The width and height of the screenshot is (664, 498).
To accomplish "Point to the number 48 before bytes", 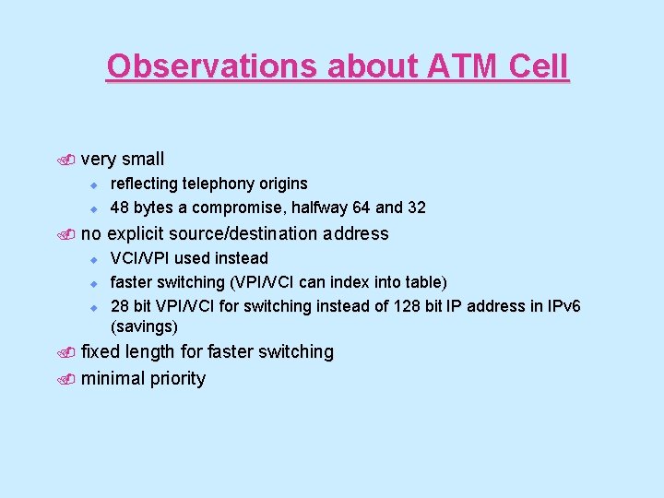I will click(119, 207).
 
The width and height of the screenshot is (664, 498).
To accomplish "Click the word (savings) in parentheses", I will click(144, 327).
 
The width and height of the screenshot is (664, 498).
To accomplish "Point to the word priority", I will click(176, 379).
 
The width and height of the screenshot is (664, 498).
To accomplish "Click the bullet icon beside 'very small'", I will click(69, 160).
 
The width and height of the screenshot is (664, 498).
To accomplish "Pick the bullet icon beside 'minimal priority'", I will click(69, 379).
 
